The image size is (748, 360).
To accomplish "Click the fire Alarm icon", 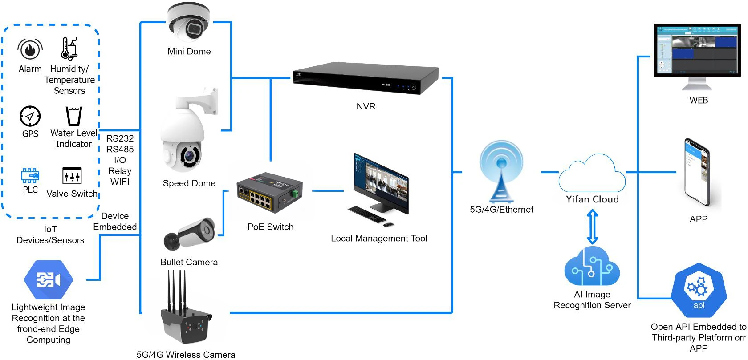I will coord(30,49).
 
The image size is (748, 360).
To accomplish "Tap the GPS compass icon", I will coord(30,117).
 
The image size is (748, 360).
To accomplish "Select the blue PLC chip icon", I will coord(30,176).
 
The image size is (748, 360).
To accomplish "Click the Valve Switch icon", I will coord(72,176).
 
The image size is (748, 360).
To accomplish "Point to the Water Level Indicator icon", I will coord(73,116).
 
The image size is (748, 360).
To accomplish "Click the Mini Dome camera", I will coord(189,22).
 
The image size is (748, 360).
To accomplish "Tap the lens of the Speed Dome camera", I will coord(190,156).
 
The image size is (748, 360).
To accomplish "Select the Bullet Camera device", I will coord(189,234).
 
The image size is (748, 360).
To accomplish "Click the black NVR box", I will coord(366,79).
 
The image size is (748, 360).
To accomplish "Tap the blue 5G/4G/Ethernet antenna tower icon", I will coord(501,172).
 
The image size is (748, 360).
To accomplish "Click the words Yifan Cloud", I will coord(592,199).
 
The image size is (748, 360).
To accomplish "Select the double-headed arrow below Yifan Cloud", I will coord(592,227).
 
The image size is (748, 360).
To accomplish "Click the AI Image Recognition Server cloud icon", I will coord(592,267).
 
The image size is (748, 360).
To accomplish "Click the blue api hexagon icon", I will coord(699,290).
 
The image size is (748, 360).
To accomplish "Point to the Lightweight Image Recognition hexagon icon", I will coord(48,280).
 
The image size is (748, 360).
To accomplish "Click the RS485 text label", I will coord(120,149).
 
